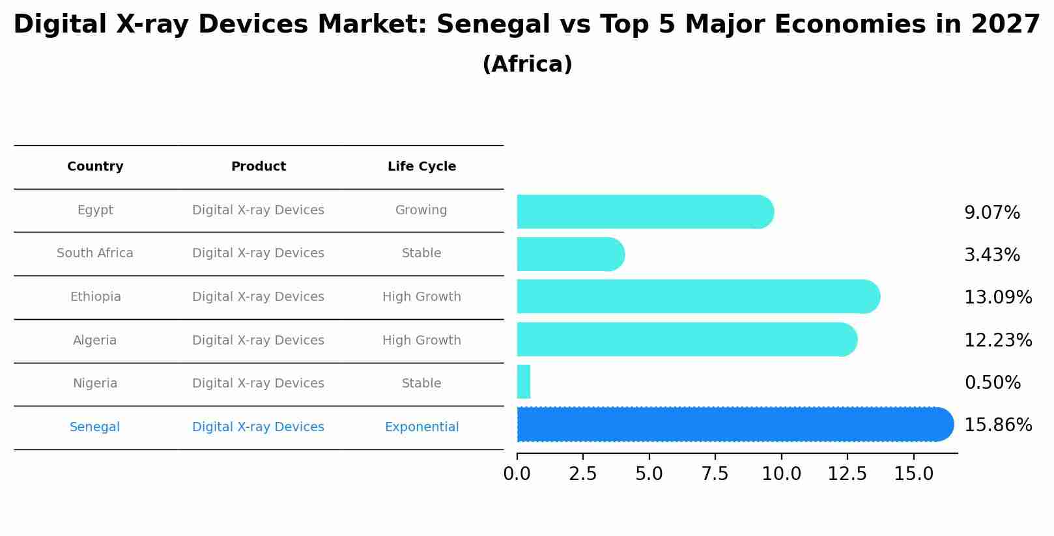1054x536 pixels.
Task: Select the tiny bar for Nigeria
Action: click(x=524, y=382)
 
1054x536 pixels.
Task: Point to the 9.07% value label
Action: click(x=991, y=213)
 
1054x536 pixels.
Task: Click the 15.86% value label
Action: click(x=997, y=425)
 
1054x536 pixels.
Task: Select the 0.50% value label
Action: click(x=992, y=383)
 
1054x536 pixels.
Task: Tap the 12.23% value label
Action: click(x=997, y=341)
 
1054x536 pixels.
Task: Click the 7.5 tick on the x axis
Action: click(x=715, y=474)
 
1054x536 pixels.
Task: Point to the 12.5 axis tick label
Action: click(x=847, y=474)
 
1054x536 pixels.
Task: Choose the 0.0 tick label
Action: click(x=517, y=474)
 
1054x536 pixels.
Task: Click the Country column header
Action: click(x=95, y=167)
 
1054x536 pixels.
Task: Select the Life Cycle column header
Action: click(x=421, y=167)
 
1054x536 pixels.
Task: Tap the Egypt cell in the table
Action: click(x=95, y=210)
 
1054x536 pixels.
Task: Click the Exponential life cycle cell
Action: click(x=421, y=427)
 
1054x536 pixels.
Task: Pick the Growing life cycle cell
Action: click(x=421, y=210)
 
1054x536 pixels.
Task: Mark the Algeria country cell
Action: click(x=95, y=341)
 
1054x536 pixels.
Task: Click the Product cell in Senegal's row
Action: click(x=258, y=427)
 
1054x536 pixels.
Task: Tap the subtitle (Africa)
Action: click(x=527, y=64)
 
